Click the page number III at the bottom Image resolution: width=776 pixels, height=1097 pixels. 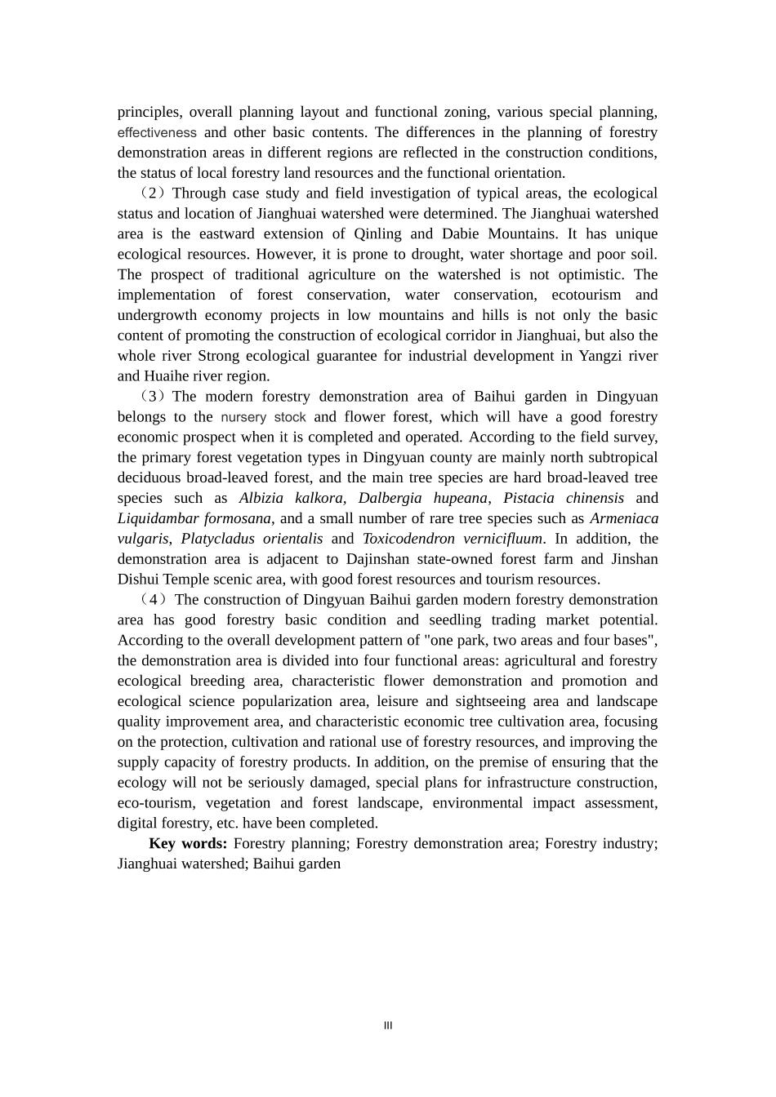(388, 1026)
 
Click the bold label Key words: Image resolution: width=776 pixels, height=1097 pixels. (188, 843)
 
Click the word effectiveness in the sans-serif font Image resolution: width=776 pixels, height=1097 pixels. (157, 132)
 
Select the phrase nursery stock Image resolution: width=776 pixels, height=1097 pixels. (263, 417)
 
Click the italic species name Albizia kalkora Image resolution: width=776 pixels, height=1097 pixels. (291, 498)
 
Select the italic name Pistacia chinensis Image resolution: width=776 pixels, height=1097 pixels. (564, 498)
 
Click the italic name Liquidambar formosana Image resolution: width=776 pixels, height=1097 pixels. (194, 518)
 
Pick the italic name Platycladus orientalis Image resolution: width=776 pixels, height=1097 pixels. (252, 539)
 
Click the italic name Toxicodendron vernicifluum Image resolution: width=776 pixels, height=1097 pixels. (453, 539)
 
